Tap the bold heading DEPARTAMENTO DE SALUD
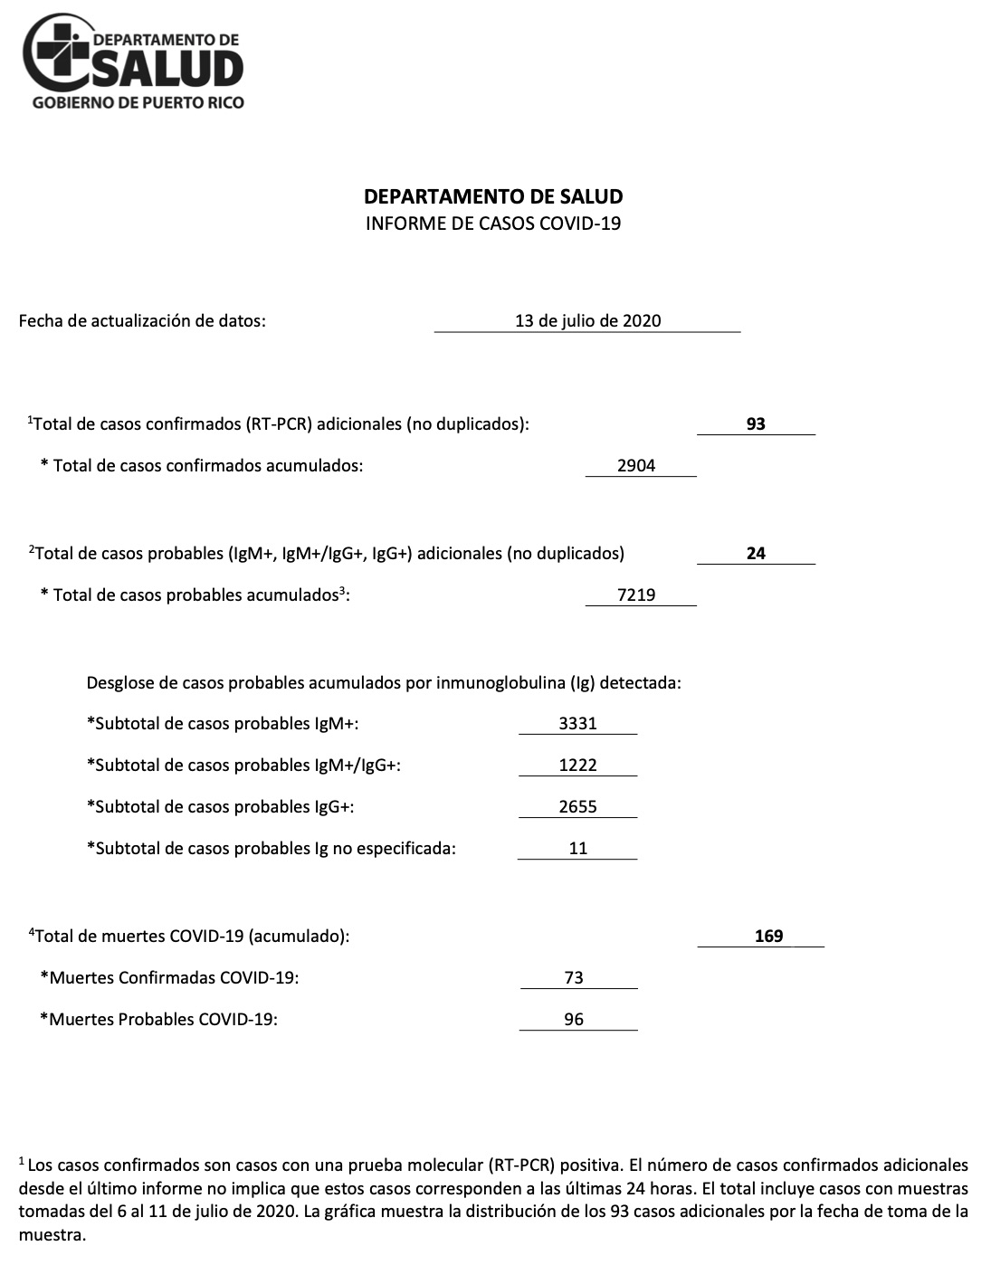click(x=493, y=196)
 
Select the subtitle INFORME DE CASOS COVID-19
click(x=493, y=223)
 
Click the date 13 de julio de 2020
click(x=587, y=320)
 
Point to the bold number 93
click(x=756, y=423)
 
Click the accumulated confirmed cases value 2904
click(x=636, y=466)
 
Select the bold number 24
click(x=756, y=553)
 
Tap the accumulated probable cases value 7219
click(x=636, y=595)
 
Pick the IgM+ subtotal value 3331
click(x=577, y=724)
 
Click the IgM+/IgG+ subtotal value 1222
click(x=577, y=766)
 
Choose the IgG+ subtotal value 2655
click(x=577, y=807)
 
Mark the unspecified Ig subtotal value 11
click(x=577, y=849)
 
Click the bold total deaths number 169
click(x=768, y=937)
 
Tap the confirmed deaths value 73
click(x=573, y=978)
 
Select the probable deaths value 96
click(x=573, y=1020)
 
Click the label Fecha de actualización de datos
click(x=142, y=320)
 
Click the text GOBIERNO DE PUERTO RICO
click(x=138, y=103)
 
